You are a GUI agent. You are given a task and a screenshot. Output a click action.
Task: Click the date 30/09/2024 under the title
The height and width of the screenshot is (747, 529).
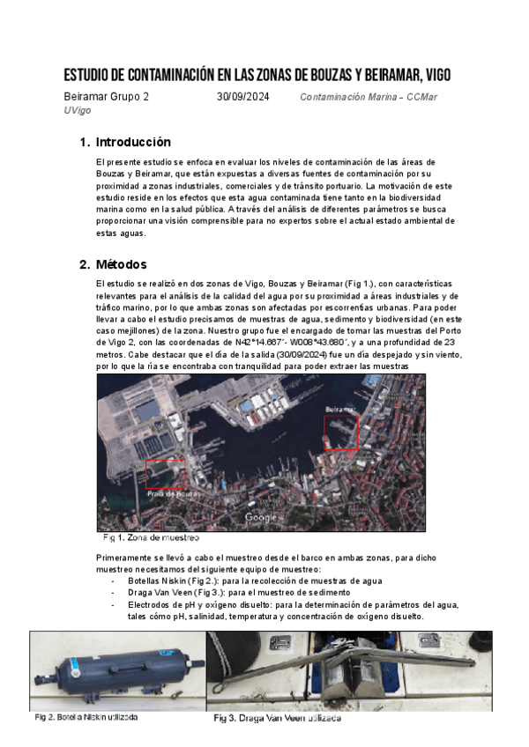(243, 97)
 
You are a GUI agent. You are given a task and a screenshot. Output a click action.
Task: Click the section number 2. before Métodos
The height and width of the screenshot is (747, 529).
(85, 264)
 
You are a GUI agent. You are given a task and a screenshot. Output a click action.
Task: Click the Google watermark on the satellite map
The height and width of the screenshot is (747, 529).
(262, 517)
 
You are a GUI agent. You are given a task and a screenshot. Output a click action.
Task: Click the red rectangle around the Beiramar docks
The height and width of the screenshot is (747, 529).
(341, 433)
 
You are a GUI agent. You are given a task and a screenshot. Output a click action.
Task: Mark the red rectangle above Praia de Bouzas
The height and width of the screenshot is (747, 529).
(165, 473)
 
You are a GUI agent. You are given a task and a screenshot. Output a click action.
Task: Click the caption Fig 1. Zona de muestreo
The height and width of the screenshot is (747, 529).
(151, 537)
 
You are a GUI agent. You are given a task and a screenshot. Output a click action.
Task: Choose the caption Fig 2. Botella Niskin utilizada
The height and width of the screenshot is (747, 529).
(86, 717)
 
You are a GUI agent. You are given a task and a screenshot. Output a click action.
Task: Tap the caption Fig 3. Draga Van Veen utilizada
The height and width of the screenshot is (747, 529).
(278, 718)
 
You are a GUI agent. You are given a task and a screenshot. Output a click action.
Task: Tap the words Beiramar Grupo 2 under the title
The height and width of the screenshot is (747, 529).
(107, 97)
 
